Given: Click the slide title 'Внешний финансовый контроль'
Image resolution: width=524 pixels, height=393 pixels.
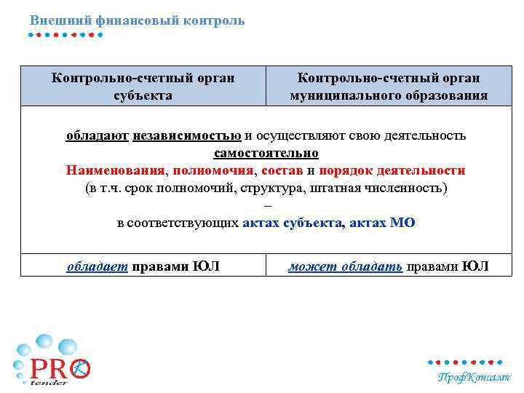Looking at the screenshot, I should (x=138, y=20).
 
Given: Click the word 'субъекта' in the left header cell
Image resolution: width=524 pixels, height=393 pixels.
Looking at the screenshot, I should (x=143, y=95).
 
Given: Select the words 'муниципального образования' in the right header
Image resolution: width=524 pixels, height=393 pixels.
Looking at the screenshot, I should (x=389, y=95).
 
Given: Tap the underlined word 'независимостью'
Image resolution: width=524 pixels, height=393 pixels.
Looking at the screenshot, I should (x=187, y=135).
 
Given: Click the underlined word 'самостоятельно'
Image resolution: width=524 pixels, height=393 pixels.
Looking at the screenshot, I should (x=266, y=153).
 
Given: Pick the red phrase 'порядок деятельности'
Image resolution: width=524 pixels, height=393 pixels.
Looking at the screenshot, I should (x=393, y=170).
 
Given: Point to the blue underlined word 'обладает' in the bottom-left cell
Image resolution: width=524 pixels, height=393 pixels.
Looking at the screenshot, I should (x=98, y=266).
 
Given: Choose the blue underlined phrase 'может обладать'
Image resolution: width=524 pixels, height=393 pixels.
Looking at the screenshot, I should (x=345, y=266).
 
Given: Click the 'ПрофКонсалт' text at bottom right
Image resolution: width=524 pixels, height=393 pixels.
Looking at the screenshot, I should (x=473, y=377).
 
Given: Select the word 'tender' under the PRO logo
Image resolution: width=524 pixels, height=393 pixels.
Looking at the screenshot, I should (x=49, y=382).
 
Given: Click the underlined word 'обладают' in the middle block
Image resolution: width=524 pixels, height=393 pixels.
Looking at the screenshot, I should (x=98, y=135).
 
